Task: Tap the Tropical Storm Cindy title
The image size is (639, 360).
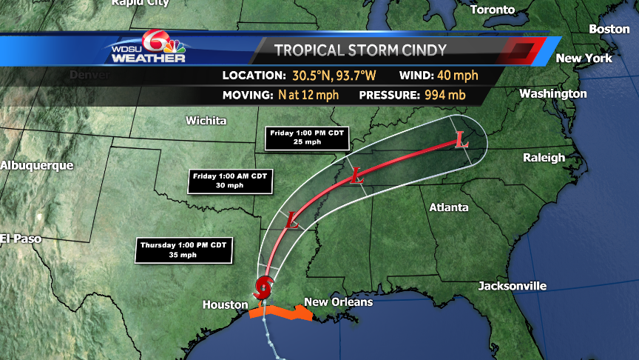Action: pyautogui.click(x=360, y=50)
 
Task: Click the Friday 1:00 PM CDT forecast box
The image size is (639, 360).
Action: pyautogui.click(x=306, y=138)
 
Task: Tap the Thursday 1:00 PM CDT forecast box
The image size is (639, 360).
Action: pyautogui.click(x=185, y=250)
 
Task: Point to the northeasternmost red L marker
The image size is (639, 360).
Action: pyautogui.click(x=461, y=139)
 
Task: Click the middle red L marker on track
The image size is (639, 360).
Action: pyautogui.click(x=356, y=176)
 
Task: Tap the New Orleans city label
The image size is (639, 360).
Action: pyautogui.click(x=338, y=302)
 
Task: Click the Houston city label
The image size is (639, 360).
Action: pyautogui.click(x=226, y=304)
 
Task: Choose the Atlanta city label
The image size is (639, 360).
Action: pyautogui.click(x=449, y=207)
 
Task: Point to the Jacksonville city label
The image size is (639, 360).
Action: pyautogui.click(x=512, y=286)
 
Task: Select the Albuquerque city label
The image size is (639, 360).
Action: pyautogui.click(x=37, y=165)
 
